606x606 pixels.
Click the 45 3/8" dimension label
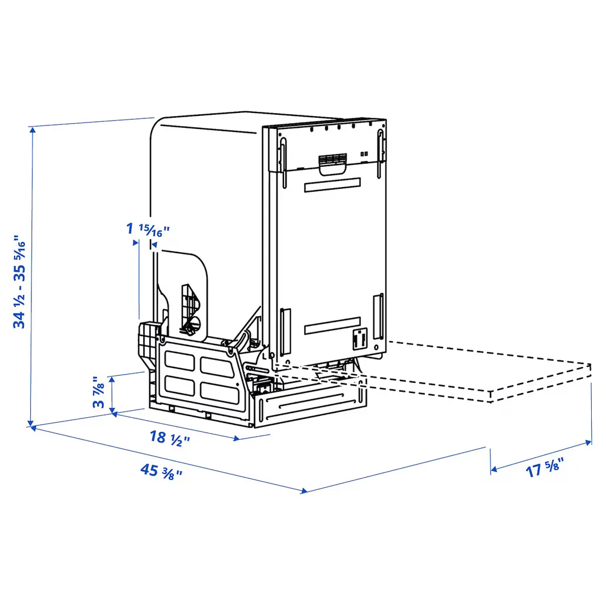click(x=161, y=472)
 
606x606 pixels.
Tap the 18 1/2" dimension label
click(x=170, y=439)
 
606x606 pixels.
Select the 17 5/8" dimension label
click(x=544, y=468)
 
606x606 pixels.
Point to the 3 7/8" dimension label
click(x=99, y=392)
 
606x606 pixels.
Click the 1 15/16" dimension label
click(x=148, y=230)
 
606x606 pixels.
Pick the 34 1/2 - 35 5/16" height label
click(x=20, y=281)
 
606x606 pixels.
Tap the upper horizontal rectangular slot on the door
click(x=333, y=185)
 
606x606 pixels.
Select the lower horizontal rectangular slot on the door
click(x=333, y=326)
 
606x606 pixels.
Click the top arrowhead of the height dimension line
click(x=33, y=130)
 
